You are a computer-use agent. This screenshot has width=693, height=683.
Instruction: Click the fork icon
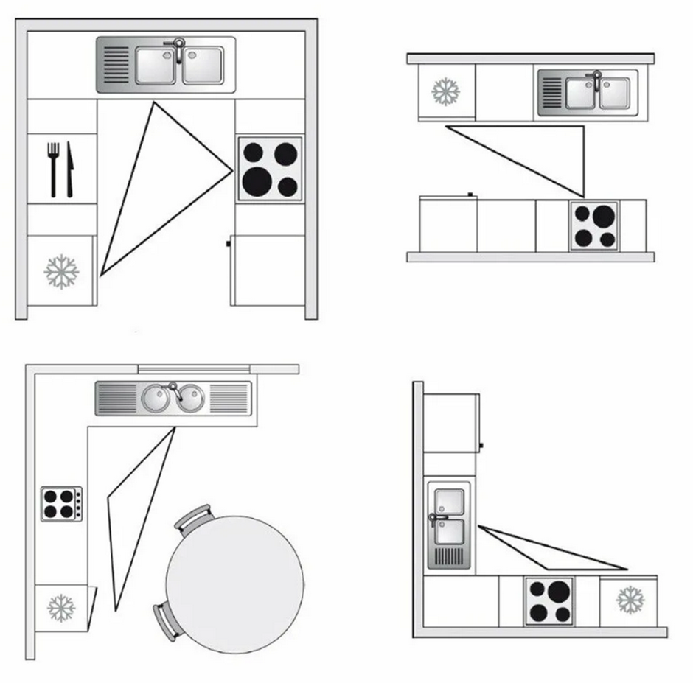pyautogui.click(x=53, y=168)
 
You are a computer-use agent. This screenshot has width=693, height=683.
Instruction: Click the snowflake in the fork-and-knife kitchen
pyautogui.click(x=61, y=271)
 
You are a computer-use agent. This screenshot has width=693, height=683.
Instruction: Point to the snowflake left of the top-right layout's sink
pyautogui.click(x=445, y=91)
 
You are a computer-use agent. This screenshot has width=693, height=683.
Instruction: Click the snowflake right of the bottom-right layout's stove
pyautogui.click(x=630, y=599)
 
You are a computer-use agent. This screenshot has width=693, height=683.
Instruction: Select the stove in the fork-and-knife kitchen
pyautogui.click(x=270, y=169)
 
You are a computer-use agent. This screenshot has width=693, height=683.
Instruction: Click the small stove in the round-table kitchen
pyautogui.click(x=61, y=504)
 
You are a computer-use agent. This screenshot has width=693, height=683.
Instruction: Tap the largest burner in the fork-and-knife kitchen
pyautogui.click(x=257, y=179)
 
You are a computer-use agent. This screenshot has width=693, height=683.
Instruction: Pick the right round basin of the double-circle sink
pyautogui.click(x=189, y=399)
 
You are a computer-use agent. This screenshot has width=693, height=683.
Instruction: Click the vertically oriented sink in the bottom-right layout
pyautogui.click(x=448, y=526)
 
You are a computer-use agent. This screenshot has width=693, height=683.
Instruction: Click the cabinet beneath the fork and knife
pyautogui.click(x=62, y=220)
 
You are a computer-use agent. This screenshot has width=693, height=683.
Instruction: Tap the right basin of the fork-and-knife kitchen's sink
pyautogui.click(x=203, y=65)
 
